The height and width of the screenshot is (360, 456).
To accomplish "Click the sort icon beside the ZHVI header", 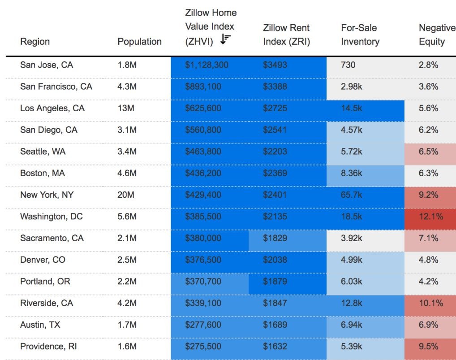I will coord(225,40).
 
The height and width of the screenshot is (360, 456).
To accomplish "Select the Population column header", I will coord(139,42).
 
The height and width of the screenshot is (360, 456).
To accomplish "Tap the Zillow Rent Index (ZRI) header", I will coord(286,35).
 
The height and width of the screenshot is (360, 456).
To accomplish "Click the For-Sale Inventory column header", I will coord(360,35).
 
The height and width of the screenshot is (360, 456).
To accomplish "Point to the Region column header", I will coord(35,42).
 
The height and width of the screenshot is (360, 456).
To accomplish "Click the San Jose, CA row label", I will coord(47,65).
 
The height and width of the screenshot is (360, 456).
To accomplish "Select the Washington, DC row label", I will coord(52,217).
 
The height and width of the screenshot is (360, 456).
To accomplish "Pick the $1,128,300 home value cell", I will coord(206,65).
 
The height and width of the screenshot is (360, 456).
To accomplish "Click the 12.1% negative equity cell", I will coord(431,217).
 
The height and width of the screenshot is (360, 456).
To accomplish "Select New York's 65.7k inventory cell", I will coord(352,195).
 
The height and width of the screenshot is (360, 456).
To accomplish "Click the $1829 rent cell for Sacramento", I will coord(275,238).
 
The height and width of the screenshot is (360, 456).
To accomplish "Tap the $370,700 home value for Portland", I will coord(203,282).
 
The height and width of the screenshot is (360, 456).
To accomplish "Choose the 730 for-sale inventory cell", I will coord(348,65).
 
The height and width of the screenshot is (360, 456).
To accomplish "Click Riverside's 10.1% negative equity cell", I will coord(431,303).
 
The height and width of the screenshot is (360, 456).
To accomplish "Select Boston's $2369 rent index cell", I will coord(275,173).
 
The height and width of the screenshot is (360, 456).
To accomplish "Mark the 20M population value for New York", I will coord(125,195).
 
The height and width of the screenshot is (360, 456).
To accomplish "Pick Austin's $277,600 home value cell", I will coord(203,325).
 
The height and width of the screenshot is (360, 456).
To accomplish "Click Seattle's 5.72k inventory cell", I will coord(352,152).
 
